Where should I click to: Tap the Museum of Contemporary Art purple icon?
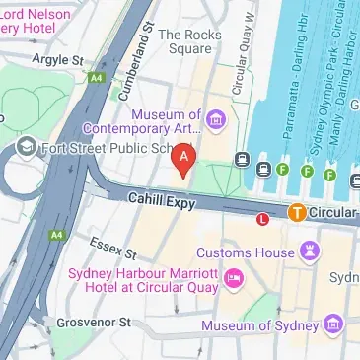(x=216, y=122)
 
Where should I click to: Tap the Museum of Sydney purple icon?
(x=332, y=324)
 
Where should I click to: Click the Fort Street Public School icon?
(x=25, y=148)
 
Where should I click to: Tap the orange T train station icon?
(x=297, y=211)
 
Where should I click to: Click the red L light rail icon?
(x=263, y=219)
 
